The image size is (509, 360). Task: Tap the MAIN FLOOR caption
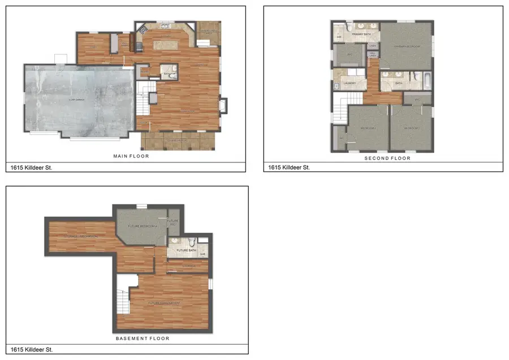(131, 156)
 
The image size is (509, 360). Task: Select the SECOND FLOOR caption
(387, 158)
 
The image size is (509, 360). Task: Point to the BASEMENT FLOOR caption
(143, 338)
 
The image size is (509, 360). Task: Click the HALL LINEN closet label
(373, 55)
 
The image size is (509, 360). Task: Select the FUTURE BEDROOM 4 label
(144, 226)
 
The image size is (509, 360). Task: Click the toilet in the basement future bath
(192, 240)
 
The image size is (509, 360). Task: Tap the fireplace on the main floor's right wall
(223, 106)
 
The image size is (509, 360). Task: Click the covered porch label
(176, 140)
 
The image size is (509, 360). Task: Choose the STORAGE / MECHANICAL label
(81, 236)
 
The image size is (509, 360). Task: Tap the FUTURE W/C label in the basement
(172, 222)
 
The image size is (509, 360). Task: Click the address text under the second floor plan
(288, 168)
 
